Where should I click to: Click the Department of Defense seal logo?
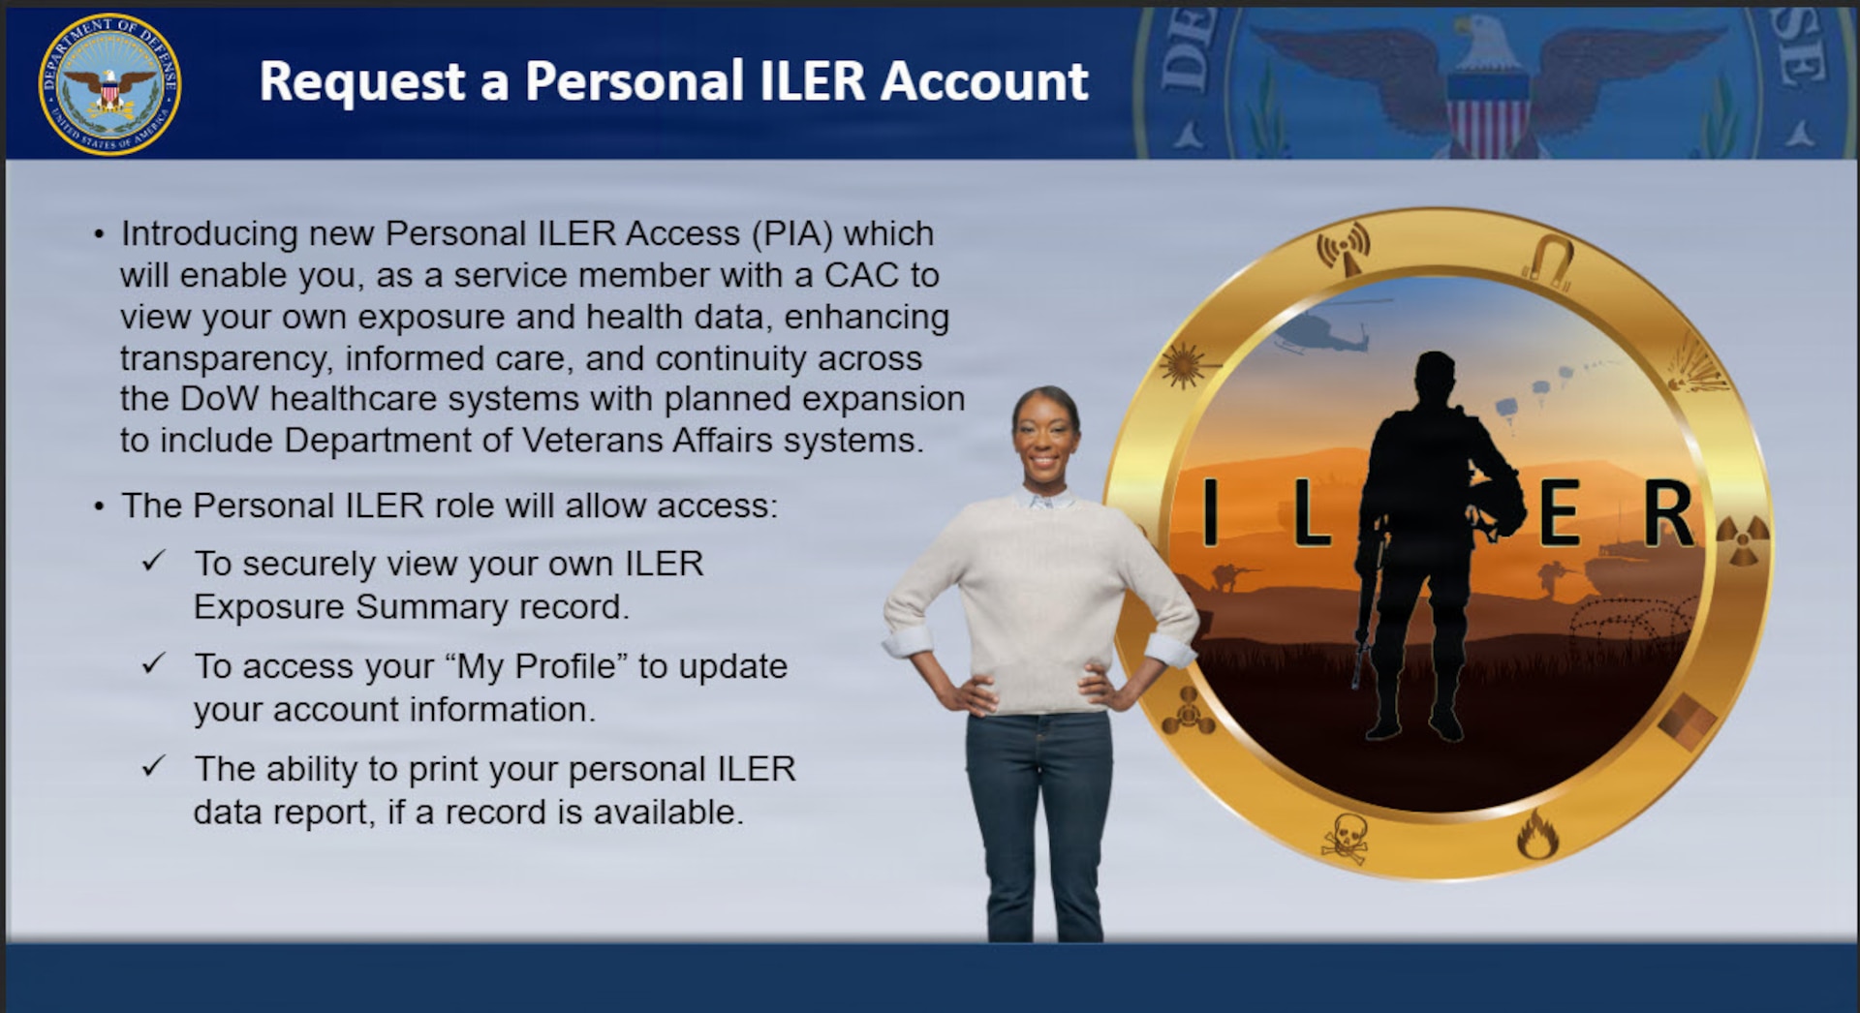point(109,84)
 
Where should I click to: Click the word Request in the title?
point(362,82)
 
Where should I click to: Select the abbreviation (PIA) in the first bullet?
point(787,233)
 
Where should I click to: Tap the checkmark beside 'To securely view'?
point(154,562)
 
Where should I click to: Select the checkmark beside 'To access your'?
point(154,664)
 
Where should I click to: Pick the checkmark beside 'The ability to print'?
point(154,767)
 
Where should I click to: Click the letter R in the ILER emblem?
point(1668,513)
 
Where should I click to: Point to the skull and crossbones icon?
point(1346,838)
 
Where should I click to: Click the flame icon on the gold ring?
point(1537,835)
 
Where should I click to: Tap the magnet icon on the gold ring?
point(1550,260)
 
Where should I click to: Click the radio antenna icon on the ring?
point(1344,248)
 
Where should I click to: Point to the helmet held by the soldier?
point(1496,505)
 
